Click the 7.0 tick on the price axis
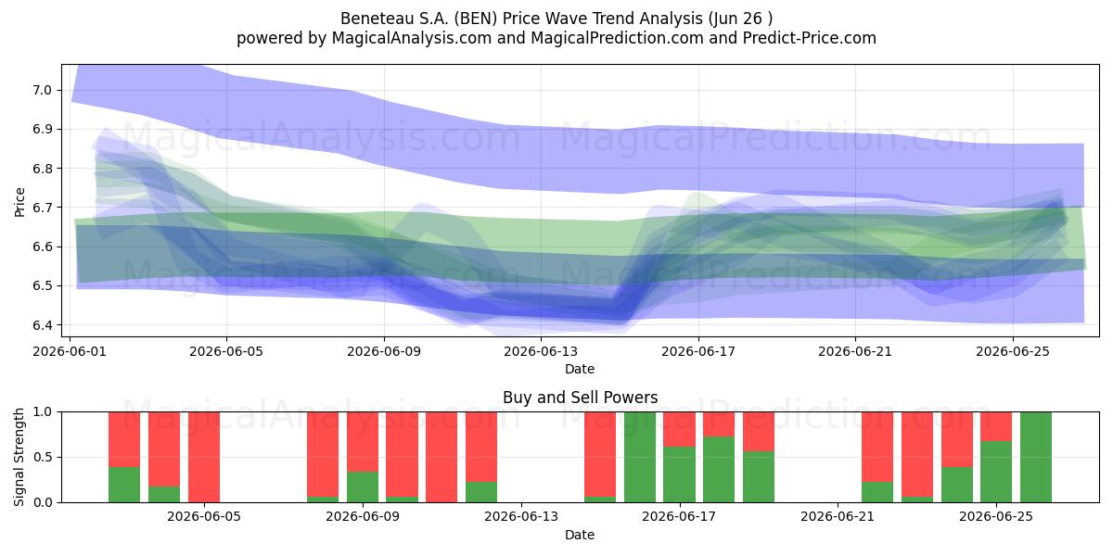point(42,91)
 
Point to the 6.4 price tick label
point(42,325)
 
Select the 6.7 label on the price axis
point(42,208)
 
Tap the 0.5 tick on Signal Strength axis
point(42,457)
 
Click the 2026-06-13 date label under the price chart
point(541,351)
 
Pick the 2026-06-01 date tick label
point(70,351)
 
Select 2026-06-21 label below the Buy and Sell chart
point(838,517)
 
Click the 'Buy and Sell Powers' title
point(580,398)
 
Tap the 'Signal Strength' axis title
point(19,457)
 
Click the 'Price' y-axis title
point(19,202)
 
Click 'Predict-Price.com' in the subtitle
point(810,38)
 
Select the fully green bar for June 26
point(1035,457)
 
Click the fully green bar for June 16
point(639,457)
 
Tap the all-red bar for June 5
point(204,457)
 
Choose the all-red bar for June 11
point(441,457)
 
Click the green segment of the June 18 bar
point(719,470)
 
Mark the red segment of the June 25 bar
point(996,426)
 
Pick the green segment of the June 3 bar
point(164,495)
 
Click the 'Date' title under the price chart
point(580,369)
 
